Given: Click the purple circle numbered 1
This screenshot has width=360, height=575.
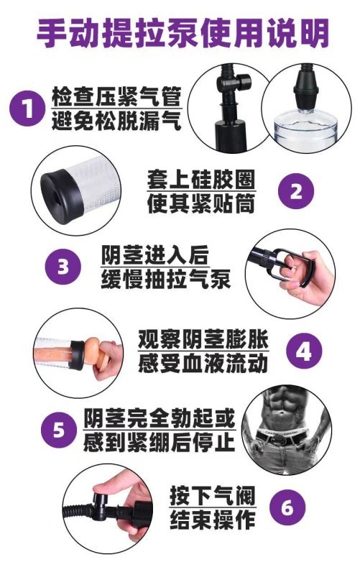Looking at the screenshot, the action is (x=27, y=109).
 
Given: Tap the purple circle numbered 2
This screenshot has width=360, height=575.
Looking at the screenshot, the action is (x=296, y=190).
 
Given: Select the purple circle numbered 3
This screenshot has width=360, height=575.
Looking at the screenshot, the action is (x=63, y=267).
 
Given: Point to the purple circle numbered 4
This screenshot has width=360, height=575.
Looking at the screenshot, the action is (x=304, y=351).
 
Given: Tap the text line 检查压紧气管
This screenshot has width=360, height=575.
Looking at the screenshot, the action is (x=116, y=96).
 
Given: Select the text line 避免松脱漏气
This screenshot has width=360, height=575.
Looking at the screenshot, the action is (x=116, y=121).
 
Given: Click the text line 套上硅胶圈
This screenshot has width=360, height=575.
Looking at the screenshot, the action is (x=201, y=179).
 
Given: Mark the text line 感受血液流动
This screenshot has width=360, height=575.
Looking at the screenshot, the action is (x=203, y=363).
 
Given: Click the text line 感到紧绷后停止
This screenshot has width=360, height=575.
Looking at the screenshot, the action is (x=159, y=442).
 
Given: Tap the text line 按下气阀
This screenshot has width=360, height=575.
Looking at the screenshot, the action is (x=212, y=496).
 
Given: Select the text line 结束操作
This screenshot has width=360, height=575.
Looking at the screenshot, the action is (x=212, y=520).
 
